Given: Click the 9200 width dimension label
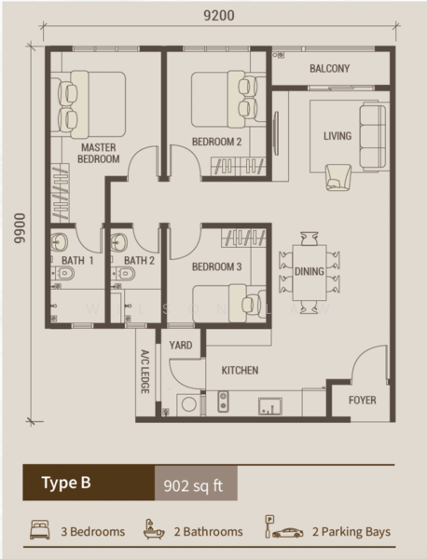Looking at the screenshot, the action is pyautogui.click(x=219, y=15).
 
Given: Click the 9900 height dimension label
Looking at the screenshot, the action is pyautogui.click(x=20, y=228).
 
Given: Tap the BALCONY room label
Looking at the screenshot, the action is pyautogui.click(x=329, y=68).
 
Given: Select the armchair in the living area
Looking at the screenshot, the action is pyautogui.click(x=338, y=177).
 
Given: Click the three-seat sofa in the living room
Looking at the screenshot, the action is pyautogui.click(x=373, y=136).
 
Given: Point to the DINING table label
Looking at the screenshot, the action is pyautogui.click(x=310, y=272).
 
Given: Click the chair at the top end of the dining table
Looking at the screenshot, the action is pyautogui.click(x=310, y=239).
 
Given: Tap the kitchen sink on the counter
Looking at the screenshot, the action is pyautogui.click(x=270, y=406).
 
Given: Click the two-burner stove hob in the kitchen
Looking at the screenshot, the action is pyautogui.click(x=224, y=402).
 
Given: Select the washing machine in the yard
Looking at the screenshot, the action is pyautogui.click(x=188, y=404).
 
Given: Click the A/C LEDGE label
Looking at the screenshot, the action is pyautogui.click(x=145, y=372).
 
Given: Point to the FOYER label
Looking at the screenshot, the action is pyautogui.click(x=362, y=400).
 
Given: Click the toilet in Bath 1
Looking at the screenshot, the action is pyautogui.click(x=62, y=274).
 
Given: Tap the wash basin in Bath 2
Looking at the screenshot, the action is pyautogui.click(x=118, y=242).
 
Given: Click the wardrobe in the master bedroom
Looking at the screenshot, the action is pyautogui.click(x=60, y=193).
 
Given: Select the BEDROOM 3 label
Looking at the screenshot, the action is pyautogui.click(x=216, y=266).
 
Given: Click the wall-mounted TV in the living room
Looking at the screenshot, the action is pyautogui.click(x=276, y=133).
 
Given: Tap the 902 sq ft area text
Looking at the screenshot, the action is pyautogui.click(x=193, y=485).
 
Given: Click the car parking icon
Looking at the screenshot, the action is pyautogui.click(x=284, y=527).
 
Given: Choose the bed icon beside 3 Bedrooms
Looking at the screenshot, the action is pyautogui.click(x=39, y=529).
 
